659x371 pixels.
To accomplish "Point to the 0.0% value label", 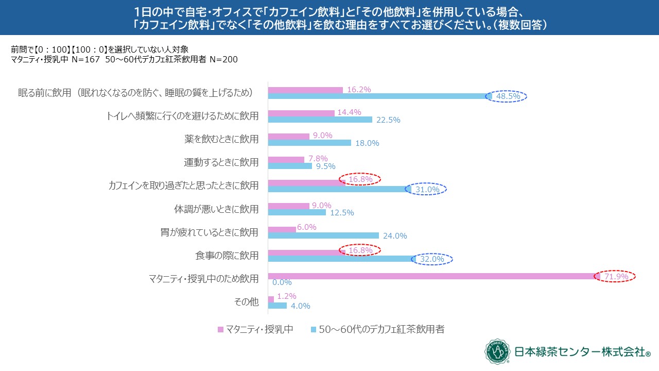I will (282, 282).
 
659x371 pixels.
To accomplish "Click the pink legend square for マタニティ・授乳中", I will (220, 329).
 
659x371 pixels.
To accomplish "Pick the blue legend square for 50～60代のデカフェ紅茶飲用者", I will (314, 329).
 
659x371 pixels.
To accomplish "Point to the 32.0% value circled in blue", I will (432, 259).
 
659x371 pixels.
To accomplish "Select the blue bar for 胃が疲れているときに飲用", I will (323, 235).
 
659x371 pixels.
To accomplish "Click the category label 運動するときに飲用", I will (221, 162).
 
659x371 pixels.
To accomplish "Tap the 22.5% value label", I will (389, 120).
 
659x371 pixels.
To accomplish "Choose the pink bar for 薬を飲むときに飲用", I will (289, 136).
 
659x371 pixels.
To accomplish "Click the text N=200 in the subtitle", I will (223, 59).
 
